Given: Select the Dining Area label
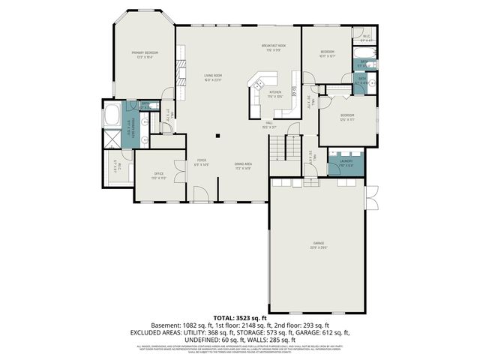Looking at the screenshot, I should (x=243, y=164).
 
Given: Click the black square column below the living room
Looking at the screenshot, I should (x=217, y=136).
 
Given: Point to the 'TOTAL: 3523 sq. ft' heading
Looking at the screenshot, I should (x=239, y=317).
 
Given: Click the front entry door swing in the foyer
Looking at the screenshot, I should (x=200, y=195).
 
